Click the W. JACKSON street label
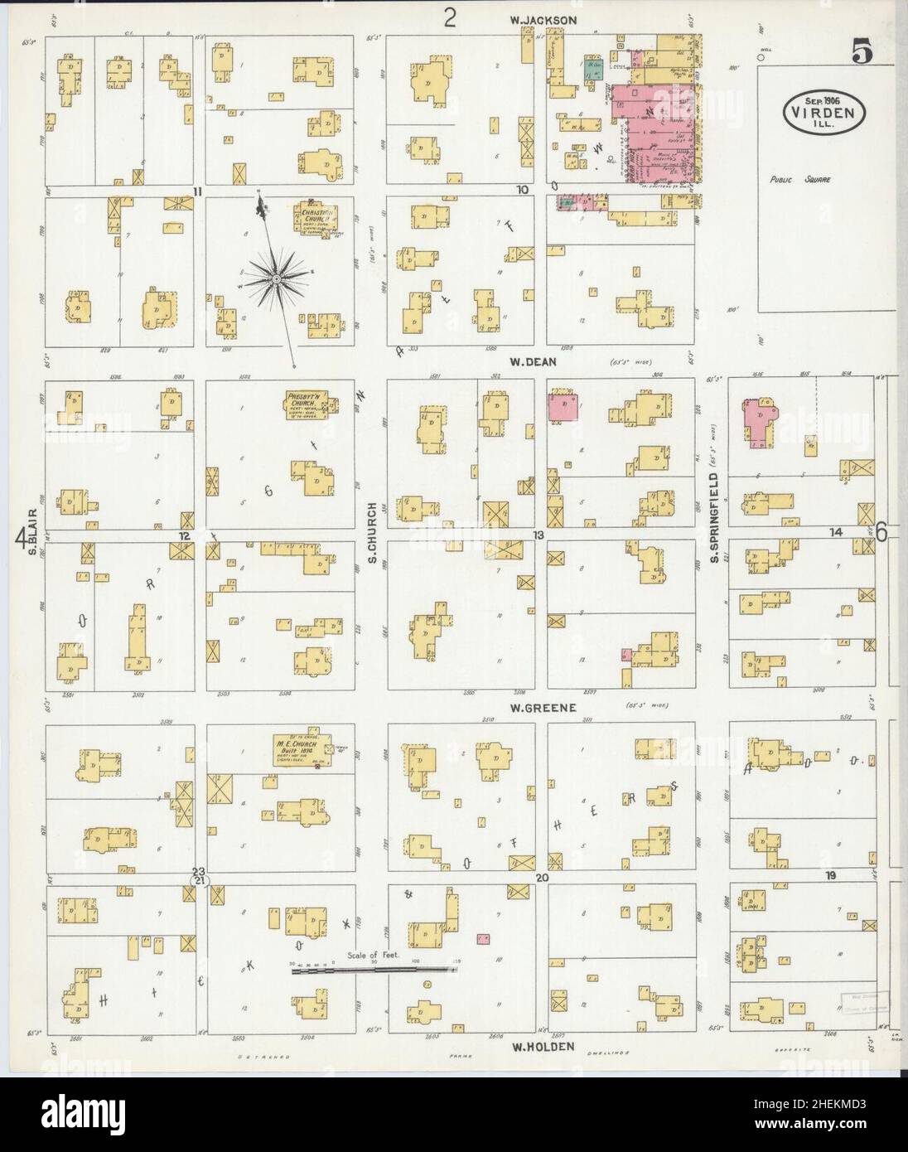[x=543, y=20]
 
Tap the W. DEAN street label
[x=534, y=361]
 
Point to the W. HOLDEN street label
[x=543, y=1047]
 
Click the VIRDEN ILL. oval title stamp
[x=823, y=109]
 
